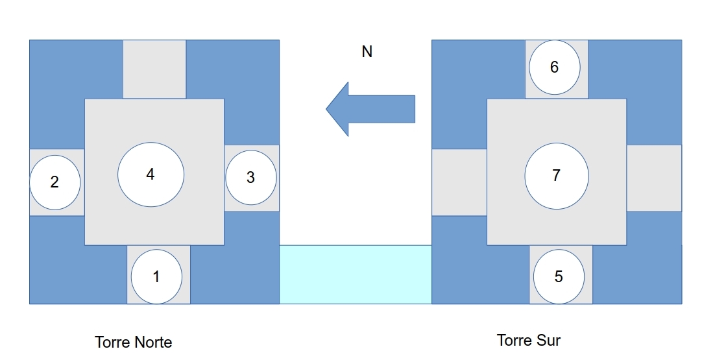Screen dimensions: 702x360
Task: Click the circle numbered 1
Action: [x=157, y=277]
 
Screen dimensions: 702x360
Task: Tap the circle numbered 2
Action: [x=55, y=182]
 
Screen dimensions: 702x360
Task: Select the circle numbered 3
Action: [x=251, y=177]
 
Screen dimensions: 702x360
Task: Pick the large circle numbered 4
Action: [x=151, y=174]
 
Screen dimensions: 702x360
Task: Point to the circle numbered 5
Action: [x=559, y=277]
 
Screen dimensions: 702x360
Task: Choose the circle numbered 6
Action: [x=555, y=67]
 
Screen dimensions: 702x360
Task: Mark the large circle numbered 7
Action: [x=557, y=176]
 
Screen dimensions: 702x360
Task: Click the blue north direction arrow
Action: [x=370, y=109]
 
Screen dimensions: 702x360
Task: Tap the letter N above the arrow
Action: [x=367, y=52]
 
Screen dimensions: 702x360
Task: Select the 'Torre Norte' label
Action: [x=134, y=342]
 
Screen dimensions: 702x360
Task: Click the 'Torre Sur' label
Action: [x=529, y=341]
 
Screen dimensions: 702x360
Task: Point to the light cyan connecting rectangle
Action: [x=356, y=274]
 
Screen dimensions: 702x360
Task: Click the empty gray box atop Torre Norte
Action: [x=154, y=69]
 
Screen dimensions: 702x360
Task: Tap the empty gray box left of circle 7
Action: [x=459, y=182]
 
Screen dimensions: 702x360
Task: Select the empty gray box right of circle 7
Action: [x=654, y=178]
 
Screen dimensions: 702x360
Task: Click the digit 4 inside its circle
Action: [x=151, y=174]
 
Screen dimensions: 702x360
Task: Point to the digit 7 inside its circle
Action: [x=557, y=176]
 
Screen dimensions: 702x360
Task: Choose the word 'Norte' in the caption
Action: [x=153, y=342]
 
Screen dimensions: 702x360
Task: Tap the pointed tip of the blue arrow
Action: [x=326, y=109]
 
